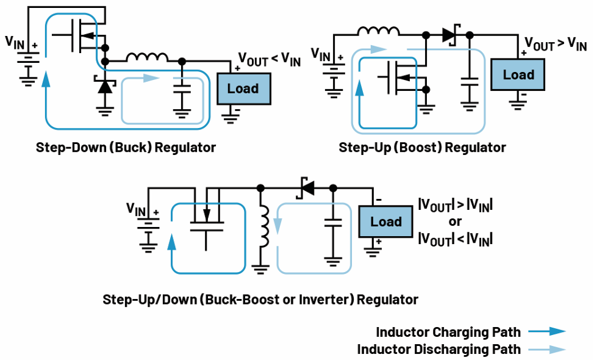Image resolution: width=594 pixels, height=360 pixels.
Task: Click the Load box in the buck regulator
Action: point(243,88)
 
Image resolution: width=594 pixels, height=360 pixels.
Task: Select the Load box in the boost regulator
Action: point(518,74)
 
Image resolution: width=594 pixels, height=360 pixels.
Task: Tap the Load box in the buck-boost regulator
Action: point(385,221)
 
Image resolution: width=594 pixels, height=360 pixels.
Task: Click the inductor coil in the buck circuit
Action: point(147,57)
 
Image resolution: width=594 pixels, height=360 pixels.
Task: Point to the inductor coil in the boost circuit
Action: point(379,31)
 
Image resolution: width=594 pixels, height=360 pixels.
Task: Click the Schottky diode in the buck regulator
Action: point(105,85)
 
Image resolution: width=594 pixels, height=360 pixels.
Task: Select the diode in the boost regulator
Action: point(451,35)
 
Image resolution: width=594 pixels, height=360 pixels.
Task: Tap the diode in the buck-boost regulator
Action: point(306,187)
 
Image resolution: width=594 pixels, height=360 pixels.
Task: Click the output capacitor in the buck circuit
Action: point(182,89)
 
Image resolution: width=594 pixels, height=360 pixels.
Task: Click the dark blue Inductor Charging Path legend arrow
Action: point(547,331)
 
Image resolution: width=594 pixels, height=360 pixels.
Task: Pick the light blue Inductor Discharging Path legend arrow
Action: point(547,349)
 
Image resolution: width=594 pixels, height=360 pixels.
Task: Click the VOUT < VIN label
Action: point(270,60)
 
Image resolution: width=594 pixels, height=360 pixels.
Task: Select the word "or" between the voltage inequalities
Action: point(455,221)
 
